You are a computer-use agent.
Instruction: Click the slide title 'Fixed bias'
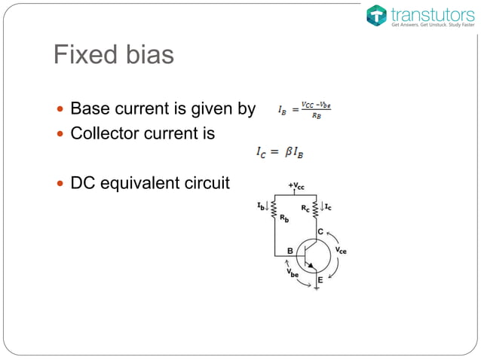(x=113, y=55)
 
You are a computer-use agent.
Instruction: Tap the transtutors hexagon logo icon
(x=376, y=15)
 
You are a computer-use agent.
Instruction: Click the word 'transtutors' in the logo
(x=427, y=13)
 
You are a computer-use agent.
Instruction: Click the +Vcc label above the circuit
(x=296, y=185)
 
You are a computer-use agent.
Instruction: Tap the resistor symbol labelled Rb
(x=274, y=209)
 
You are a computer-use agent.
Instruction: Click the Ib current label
(x=261, y=204)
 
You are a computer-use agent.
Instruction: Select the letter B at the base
(x=290, y=252)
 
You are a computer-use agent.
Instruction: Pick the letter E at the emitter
(x=320, y=279)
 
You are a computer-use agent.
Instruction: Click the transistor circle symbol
(x=313, y=255)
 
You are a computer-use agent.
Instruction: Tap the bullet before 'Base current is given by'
(x=62, y=110)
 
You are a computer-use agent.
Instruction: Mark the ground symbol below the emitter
(x=317, y=288)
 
